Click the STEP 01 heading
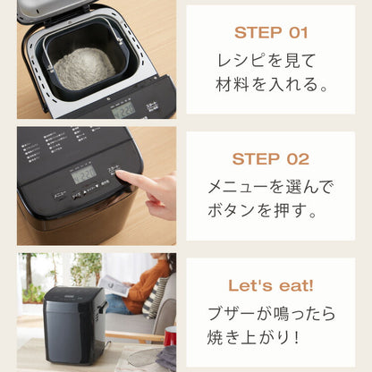tap(270, 33)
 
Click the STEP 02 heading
tap(270, 159)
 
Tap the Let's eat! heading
tap(270, 285)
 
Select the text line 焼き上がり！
tap(270, 338)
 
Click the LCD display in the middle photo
tap(83, 173)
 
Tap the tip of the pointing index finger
tap(122, 176)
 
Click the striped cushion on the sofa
tap(157, 295)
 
